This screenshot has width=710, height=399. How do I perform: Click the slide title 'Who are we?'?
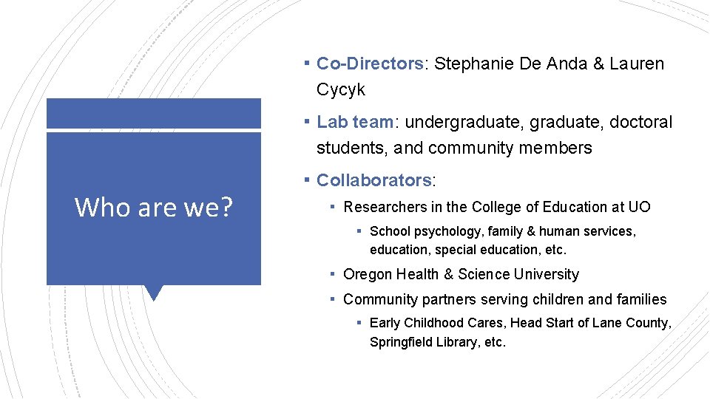point(153,208)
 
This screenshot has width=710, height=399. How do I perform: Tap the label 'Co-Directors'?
point(370,64)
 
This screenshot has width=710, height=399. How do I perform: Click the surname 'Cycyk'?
point(340,90)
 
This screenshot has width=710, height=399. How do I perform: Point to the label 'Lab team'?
point(355,122)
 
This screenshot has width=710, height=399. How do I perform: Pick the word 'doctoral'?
point(641,122)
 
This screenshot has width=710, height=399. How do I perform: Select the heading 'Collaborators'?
point(374,180)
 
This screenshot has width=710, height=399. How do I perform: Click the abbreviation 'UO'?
point(640,207)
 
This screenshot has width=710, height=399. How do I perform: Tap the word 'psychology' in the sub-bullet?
point(442,231)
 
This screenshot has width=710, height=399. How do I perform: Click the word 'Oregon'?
point(368,274)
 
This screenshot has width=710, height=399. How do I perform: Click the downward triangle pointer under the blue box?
point(154,293)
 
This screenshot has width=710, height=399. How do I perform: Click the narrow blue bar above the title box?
point(154,114)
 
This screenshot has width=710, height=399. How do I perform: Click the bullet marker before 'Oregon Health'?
point(334,273)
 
